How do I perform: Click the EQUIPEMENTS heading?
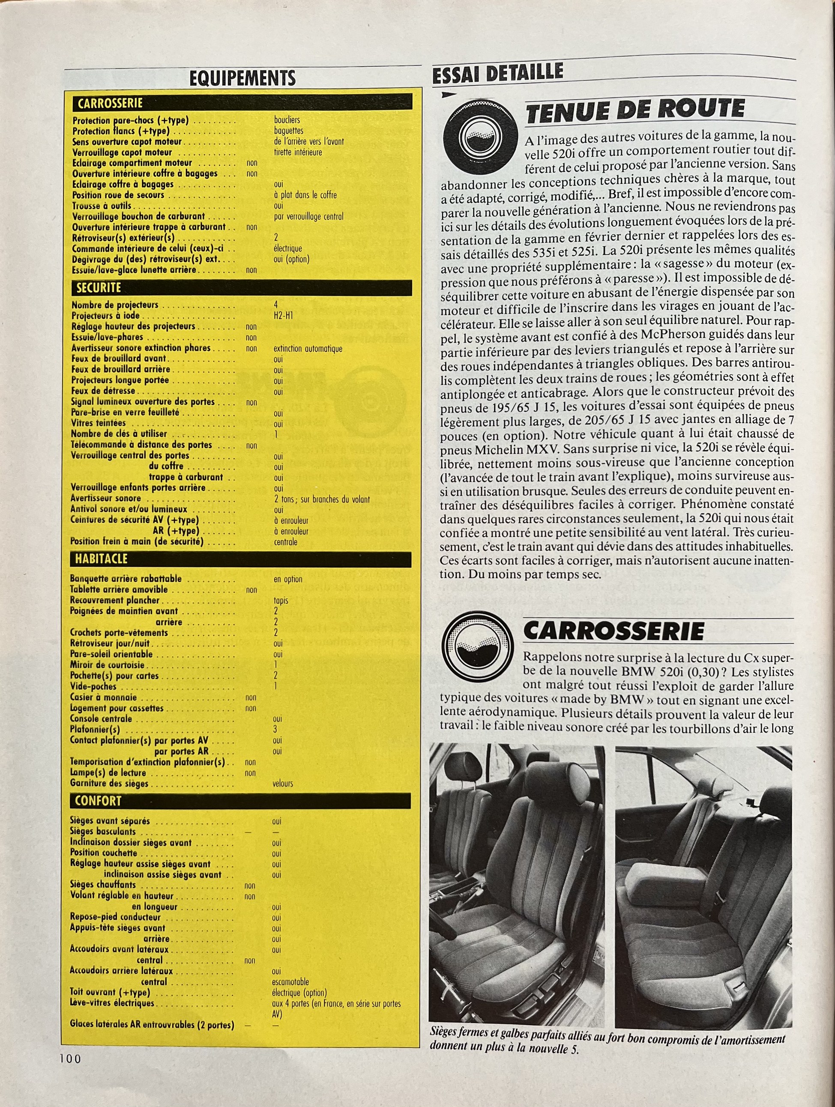click(242, 78)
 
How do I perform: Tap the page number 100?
click(70, 1058)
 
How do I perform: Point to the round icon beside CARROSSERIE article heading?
click(478, 646)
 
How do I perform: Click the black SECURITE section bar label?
click(99, 288)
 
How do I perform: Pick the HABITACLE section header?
click(101, 559)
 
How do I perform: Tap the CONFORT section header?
click(98, 801)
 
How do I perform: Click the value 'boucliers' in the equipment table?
click(287, 120)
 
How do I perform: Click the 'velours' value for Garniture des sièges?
click(283, 783)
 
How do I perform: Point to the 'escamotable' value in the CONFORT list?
click(290, 982)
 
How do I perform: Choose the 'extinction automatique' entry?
click(308, 348)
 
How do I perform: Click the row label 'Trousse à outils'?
click(102, 206)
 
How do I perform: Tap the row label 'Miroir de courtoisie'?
click(107, 665)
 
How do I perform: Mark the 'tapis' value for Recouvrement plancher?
click(281, 601)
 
